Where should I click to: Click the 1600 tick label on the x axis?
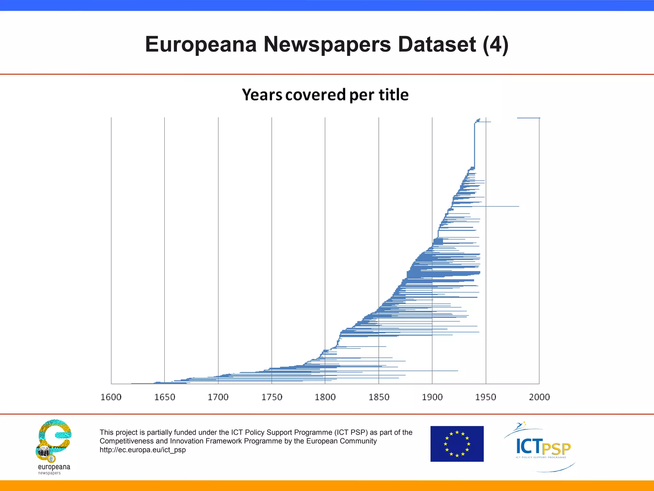tap(111, 397)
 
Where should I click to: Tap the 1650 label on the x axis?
tap(165, 397)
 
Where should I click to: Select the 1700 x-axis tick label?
tap(218, 397)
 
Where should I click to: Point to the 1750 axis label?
tap(272, 397)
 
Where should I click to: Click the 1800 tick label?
tap(325, 397)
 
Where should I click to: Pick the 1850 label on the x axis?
tap(379, 397)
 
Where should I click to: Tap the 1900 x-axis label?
tap(432, 397)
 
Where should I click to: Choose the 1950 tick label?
tap(486, 397)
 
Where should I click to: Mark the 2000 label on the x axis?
tap(539, 397)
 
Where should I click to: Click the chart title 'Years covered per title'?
tap(325, 95)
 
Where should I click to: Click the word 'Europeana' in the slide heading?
tap(201, 44)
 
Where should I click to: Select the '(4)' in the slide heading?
tap(495, 44)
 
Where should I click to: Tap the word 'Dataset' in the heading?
tap(437, 44)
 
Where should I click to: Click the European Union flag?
tap(457, 444)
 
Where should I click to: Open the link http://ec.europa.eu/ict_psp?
tap(142, 450)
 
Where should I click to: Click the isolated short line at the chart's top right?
tap(529, 118)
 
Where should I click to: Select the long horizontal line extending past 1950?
tap(498, 206)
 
